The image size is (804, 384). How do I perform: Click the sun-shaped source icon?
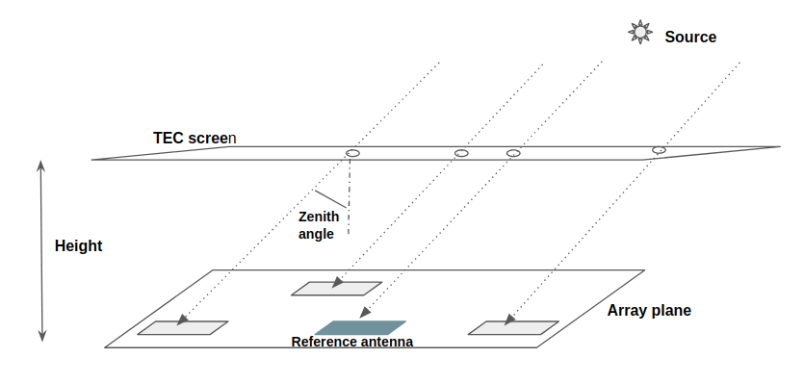point(639,33)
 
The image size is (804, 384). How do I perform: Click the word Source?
point(690,38)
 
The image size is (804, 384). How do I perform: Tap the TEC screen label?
point(195,138)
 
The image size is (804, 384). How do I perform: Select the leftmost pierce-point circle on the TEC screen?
point(352,154)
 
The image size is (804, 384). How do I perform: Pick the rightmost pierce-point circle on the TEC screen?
point(659,150)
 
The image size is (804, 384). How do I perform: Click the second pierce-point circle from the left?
point(461,153)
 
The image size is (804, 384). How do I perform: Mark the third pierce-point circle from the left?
point(513,153)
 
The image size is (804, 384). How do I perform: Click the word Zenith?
point(319,217)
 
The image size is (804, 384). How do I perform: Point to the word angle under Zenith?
point(317,234)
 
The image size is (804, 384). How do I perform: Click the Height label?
point(79,245)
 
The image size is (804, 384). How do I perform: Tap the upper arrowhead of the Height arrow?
point(41,166)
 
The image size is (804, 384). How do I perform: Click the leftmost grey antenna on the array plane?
point(183,327)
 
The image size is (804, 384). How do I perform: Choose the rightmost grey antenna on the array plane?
point(513,327)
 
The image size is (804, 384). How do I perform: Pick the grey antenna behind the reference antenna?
point(337,288)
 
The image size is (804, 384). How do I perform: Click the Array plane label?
point(649,311)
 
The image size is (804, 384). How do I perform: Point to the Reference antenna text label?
point(352,342)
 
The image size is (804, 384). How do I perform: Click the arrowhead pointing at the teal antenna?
point(365,313)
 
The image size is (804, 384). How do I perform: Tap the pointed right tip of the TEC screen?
point(778,147)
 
